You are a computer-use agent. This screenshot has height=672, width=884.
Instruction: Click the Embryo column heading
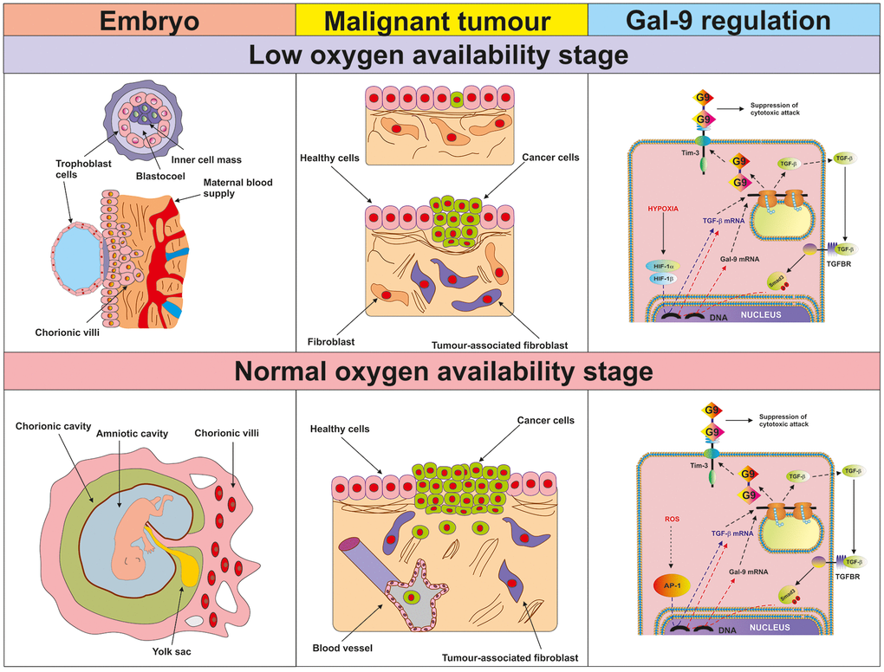point(146,20)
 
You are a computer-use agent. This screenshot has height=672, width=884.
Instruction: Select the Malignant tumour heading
point(442,20)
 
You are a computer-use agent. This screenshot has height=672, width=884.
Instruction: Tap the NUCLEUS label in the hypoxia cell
point(760,314)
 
